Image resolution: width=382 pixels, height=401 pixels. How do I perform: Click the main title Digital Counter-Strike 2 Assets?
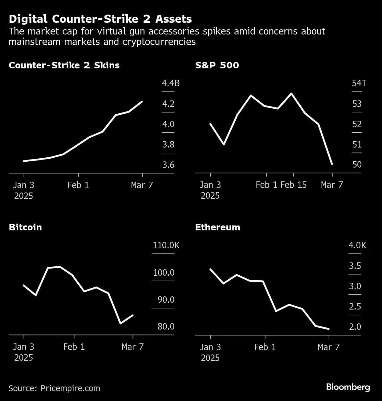[100, 19]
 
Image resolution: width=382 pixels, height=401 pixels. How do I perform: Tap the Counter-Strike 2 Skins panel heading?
[64, 65]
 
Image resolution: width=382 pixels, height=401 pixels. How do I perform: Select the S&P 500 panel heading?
[217, 65]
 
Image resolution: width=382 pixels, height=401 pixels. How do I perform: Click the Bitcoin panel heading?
[25, 227]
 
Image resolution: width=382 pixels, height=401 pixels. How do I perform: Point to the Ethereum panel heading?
[217, 227]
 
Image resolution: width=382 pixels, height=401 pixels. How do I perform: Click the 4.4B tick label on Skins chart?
[170, 83]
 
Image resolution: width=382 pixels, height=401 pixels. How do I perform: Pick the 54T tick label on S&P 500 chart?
[359, 83]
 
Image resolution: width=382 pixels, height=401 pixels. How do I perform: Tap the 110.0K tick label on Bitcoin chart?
[166, 245]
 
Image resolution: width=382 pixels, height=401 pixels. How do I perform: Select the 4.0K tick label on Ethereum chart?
[357, 245]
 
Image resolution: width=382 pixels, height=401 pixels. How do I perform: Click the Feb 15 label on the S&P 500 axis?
[294, 185]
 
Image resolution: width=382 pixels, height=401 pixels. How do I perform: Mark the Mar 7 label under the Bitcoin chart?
[132, 347]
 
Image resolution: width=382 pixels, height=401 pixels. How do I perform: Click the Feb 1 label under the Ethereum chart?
[265, 347]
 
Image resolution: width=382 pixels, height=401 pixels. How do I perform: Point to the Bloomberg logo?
[348, 387]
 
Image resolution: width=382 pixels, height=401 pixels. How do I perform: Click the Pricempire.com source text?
[70, 388]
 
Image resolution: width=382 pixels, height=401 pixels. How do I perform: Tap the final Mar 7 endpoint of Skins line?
[142, 101]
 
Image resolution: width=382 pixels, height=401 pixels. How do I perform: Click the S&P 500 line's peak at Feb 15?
[291, 93]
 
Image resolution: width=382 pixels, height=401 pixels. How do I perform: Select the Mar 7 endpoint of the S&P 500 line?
[332, 164]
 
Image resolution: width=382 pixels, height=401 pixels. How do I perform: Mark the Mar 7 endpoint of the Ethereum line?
[329, 329]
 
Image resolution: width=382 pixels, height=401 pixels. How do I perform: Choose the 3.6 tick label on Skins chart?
[168, 165]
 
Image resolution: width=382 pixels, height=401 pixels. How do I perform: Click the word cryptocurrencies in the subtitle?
[159, 42]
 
